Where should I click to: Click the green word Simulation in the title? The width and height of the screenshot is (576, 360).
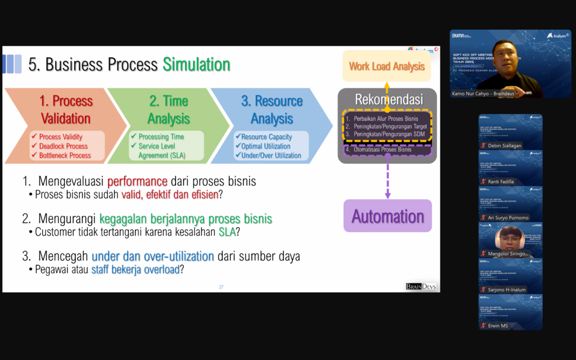196,65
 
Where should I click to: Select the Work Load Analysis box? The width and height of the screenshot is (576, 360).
387,66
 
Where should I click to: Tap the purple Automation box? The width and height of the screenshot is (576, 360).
388,217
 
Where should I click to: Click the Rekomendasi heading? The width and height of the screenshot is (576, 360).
388,100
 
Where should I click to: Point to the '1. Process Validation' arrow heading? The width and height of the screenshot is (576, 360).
65,110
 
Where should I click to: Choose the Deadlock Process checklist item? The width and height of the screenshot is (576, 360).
64,146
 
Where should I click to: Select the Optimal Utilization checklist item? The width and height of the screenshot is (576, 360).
266,146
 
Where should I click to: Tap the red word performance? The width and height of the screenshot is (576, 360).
137,182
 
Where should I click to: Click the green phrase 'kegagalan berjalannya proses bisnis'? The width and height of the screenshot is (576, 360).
186,219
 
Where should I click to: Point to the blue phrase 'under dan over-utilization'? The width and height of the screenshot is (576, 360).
152,256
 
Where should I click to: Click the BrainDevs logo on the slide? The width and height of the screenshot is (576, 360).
422,287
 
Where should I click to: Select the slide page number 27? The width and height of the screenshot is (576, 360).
221,287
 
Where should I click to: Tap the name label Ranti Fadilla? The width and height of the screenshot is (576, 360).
501,182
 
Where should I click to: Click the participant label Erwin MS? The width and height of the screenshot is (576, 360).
497,326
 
